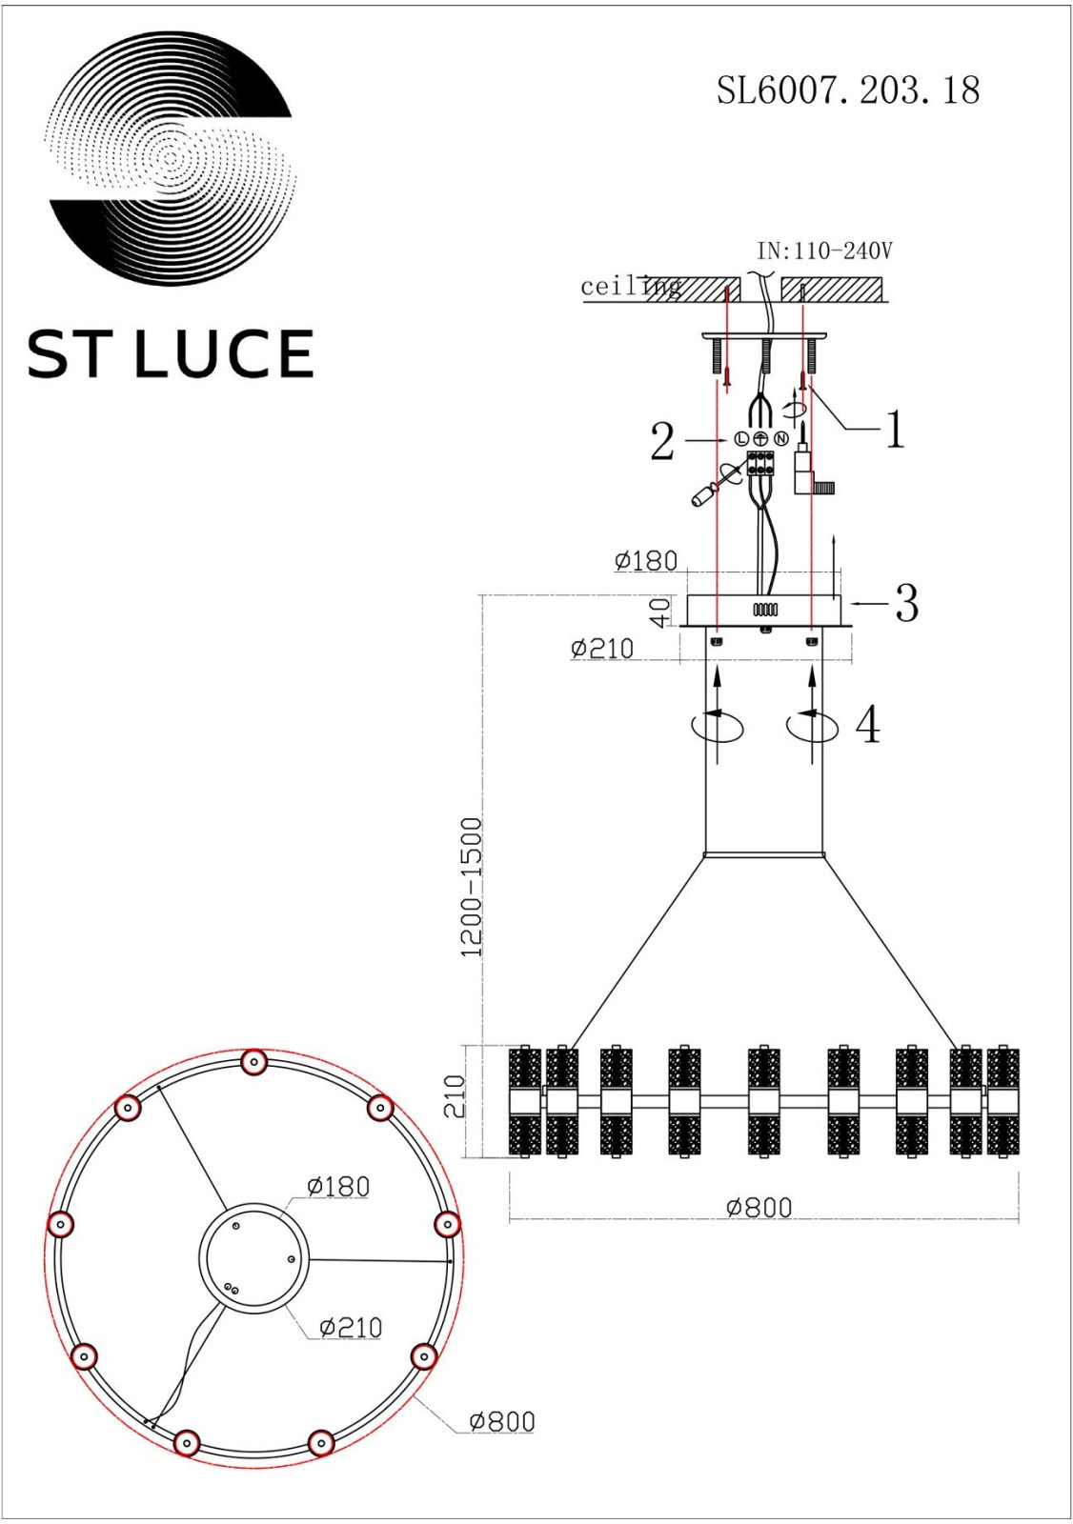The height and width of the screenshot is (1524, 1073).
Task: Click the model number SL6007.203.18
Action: [x=848, y=90]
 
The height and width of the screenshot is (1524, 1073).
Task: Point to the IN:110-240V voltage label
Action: [x=824, y=251]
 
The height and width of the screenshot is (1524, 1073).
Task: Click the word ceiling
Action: [x=631, y=287]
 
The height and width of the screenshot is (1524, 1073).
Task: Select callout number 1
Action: [x=895, y=430]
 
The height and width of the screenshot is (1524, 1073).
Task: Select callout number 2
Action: [x=661, y=441]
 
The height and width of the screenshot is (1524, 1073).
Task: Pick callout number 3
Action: [x=906, y=603]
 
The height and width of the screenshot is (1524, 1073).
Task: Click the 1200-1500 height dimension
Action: [x=471, y=887]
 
